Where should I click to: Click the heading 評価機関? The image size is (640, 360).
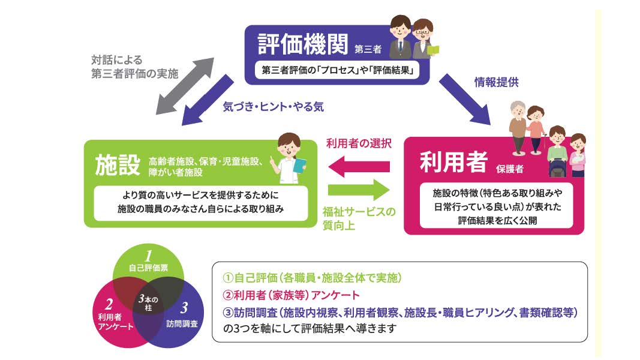[x=303, y=44]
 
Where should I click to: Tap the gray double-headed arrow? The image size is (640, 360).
[x=185, y=86]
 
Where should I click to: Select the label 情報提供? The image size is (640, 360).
[x=496, y=82]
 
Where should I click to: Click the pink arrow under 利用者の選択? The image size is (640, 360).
[x=359, y=167]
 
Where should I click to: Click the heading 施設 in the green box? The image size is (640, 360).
[x=118, y=165]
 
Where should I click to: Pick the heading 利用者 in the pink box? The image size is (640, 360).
[x=453, y=161]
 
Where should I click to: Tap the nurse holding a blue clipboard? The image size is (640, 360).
[x=291, y=158]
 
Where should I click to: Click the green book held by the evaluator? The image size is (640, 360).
[x=433, y=50]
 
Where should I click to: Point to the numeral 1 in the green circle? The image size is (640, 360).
[x=148, y=256]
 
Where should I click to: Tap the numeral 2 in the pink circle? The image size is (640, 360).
[x=109, y=304]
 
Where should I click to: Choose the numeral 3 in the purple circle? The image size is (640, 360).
[x=184, y=307]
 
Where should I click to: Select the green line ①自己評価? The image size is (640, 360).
[x=313, y=278]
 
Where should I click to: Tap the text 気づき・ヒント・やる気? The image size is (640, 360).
[x=273, y=107]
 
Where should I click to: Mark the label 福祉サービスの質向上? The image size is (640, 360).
[x=359, y=218]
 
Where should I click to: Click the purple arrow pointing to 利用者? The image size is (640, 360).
[x=464, y=99]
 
